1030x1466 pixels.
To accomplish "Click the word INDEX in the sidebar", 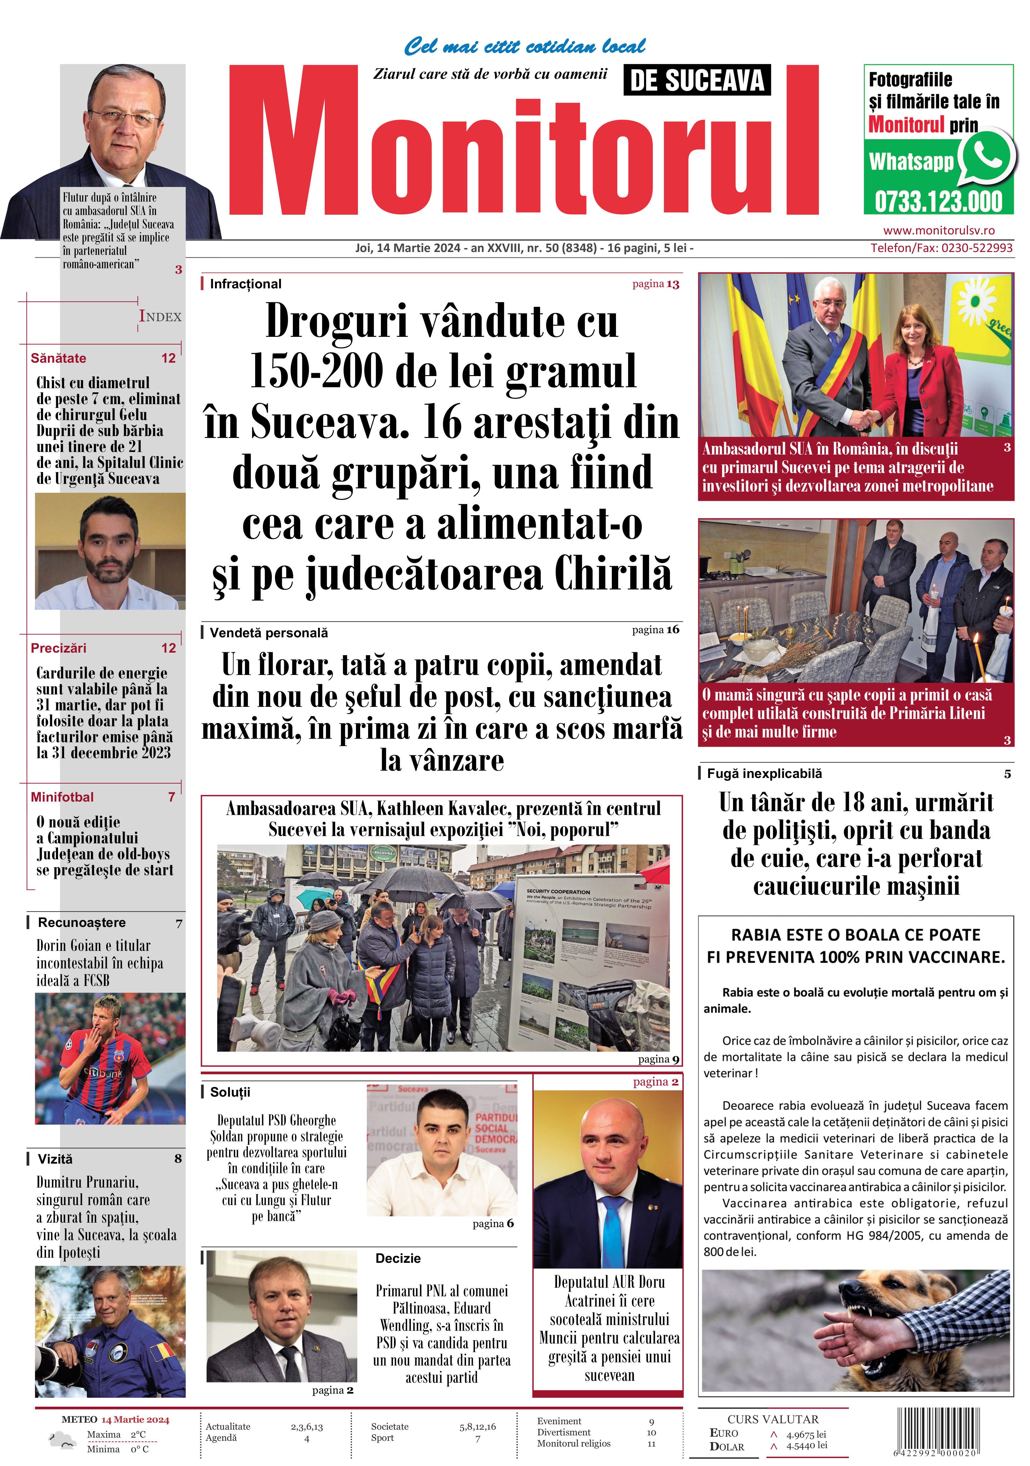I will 160,317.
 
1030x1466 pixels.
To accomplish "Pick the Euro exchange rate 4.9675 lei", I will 806,1434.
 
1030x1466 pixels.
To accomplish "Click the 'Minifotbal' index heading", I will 62,797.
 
